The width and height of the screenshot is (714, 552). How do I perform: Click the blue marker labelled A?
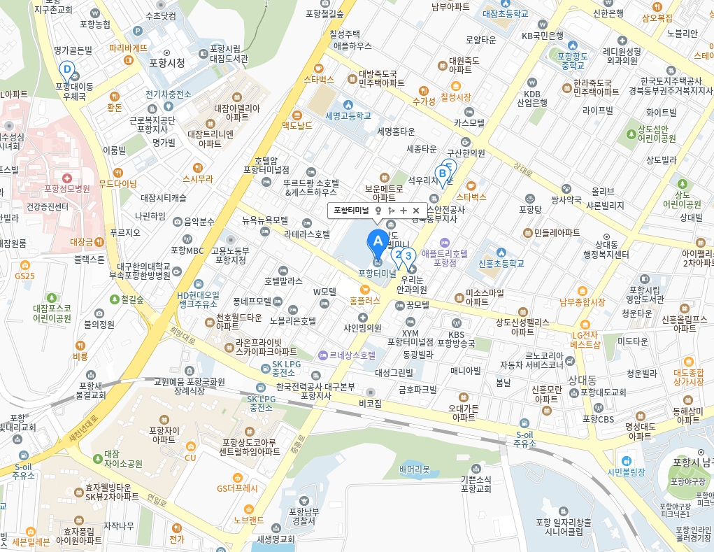378,241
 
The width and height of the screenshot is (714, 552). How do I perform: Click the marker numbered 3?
408,256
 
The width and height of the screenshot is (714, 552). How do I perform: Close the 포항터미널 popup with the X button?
416,210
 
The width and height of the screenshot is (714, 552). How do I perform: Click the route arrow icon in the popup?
391,210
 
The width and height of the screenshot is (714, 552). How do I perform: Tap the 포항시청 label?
167,62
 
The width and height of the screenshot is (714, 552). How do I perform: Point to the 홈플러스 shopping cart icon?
364,289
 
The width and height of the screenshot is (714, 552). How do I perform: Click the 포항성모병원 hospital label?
67,188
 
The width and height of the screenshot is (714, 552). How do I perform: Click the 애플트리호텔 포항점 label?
444,258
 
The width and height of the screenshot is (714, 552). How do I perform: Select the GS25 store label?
24,276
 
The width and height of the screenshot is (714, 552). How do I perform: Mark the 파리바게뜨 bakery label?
129,48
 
